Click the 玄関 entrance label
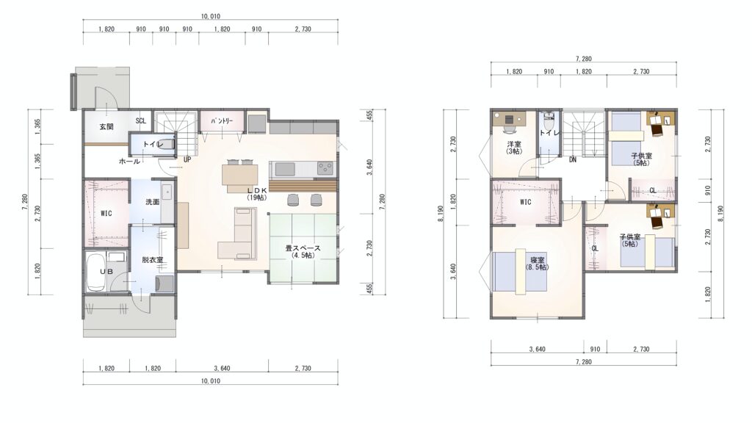pyautogui.click(x=106, y=127)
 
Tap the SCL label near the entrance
pyautogui.click(x=140, y=121)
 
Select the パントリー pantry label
pyautogui.click(x=222, y=121)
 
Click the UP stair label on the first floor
pyautogui.click(x=187, y=159)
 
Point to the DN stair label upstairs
pyautogui.click(x=573, y=159)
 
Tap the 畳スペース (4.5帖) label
pyautogui.click(x=303, y=252)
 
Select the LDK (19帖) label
pyautogui.click(x=257, y=194)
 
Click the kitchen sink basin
pyautogui.click(x=285, y=170)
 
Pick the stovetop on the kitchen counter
pyautogui.click(x=325, y=169)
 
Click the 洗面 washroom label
pyautogui.click(x=153, y=202)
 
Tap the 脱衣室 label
pyautogui.click(x=153, y=260)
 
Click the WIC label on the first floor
pyautogui.click(x=106, y=213)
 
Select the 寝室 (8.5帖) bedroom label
pyautogui.click(x=537, y=264)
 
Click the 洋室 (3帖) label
pyautogui.click(x=514, y=148)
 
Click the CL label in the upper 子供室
pyautogui.click(x=653, y=190)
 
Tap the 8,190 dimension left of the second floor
pyautogui.click(x=441, y=214)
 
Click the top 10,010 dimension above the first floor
pyautogui.click(x=211, y=16)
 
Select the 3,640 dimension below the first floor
pyautogui.click(x=222, y=369)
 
